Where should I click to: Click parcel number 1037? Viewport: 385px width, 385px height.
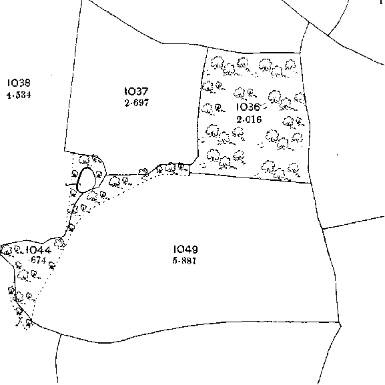click(x=137, y=91)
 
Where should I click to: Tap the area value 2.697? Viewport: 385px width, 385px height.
click(x=137, y=103)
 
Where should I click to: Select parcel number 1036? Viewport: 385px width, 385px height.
click(x=248, y=107)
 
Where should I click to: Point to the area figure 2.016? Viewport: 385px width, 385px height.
click(x=249, y=119)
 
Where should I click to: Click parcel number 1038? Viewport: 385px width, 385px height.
click(x=19, y=83)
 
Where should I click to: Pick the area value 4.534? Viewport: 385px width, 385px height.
click(x=19, y=95)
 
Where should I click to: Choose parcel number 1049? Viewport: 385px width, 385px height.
click(x=185, y=250)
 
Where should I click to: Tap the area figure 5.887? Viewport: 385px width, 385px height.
click(x=184, y=261)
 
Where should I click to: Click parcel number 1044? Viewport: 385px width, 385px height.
click(x=39, y=250)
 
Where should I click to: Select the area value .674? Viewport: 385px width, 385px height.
click(x=38, y=260)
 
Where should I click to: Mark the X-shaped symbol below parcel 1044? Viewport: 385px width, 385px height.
click(x=19, y=322)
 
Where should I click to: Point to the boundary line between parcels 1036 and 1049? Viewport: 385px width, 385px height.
click(x=250, y=177)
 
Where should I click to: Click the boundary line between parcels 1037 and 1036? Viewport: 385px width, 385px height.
click(x=201, y=103)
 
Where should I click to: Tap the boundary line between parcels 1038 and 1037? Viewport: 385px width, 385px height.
click(x=73, y=75)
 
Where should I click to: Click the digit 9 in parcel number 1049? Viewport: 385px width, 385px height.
click(x=194, y=250)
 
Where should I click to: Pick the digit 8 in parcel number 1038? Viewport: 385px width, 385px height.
click(x=27, y=83)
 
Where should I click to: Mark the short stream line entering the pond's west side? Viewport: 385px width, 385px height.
click(x=71, y=184)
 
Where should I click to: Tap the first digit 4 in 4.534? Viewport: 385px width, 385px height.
click(x=9, y=95)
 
